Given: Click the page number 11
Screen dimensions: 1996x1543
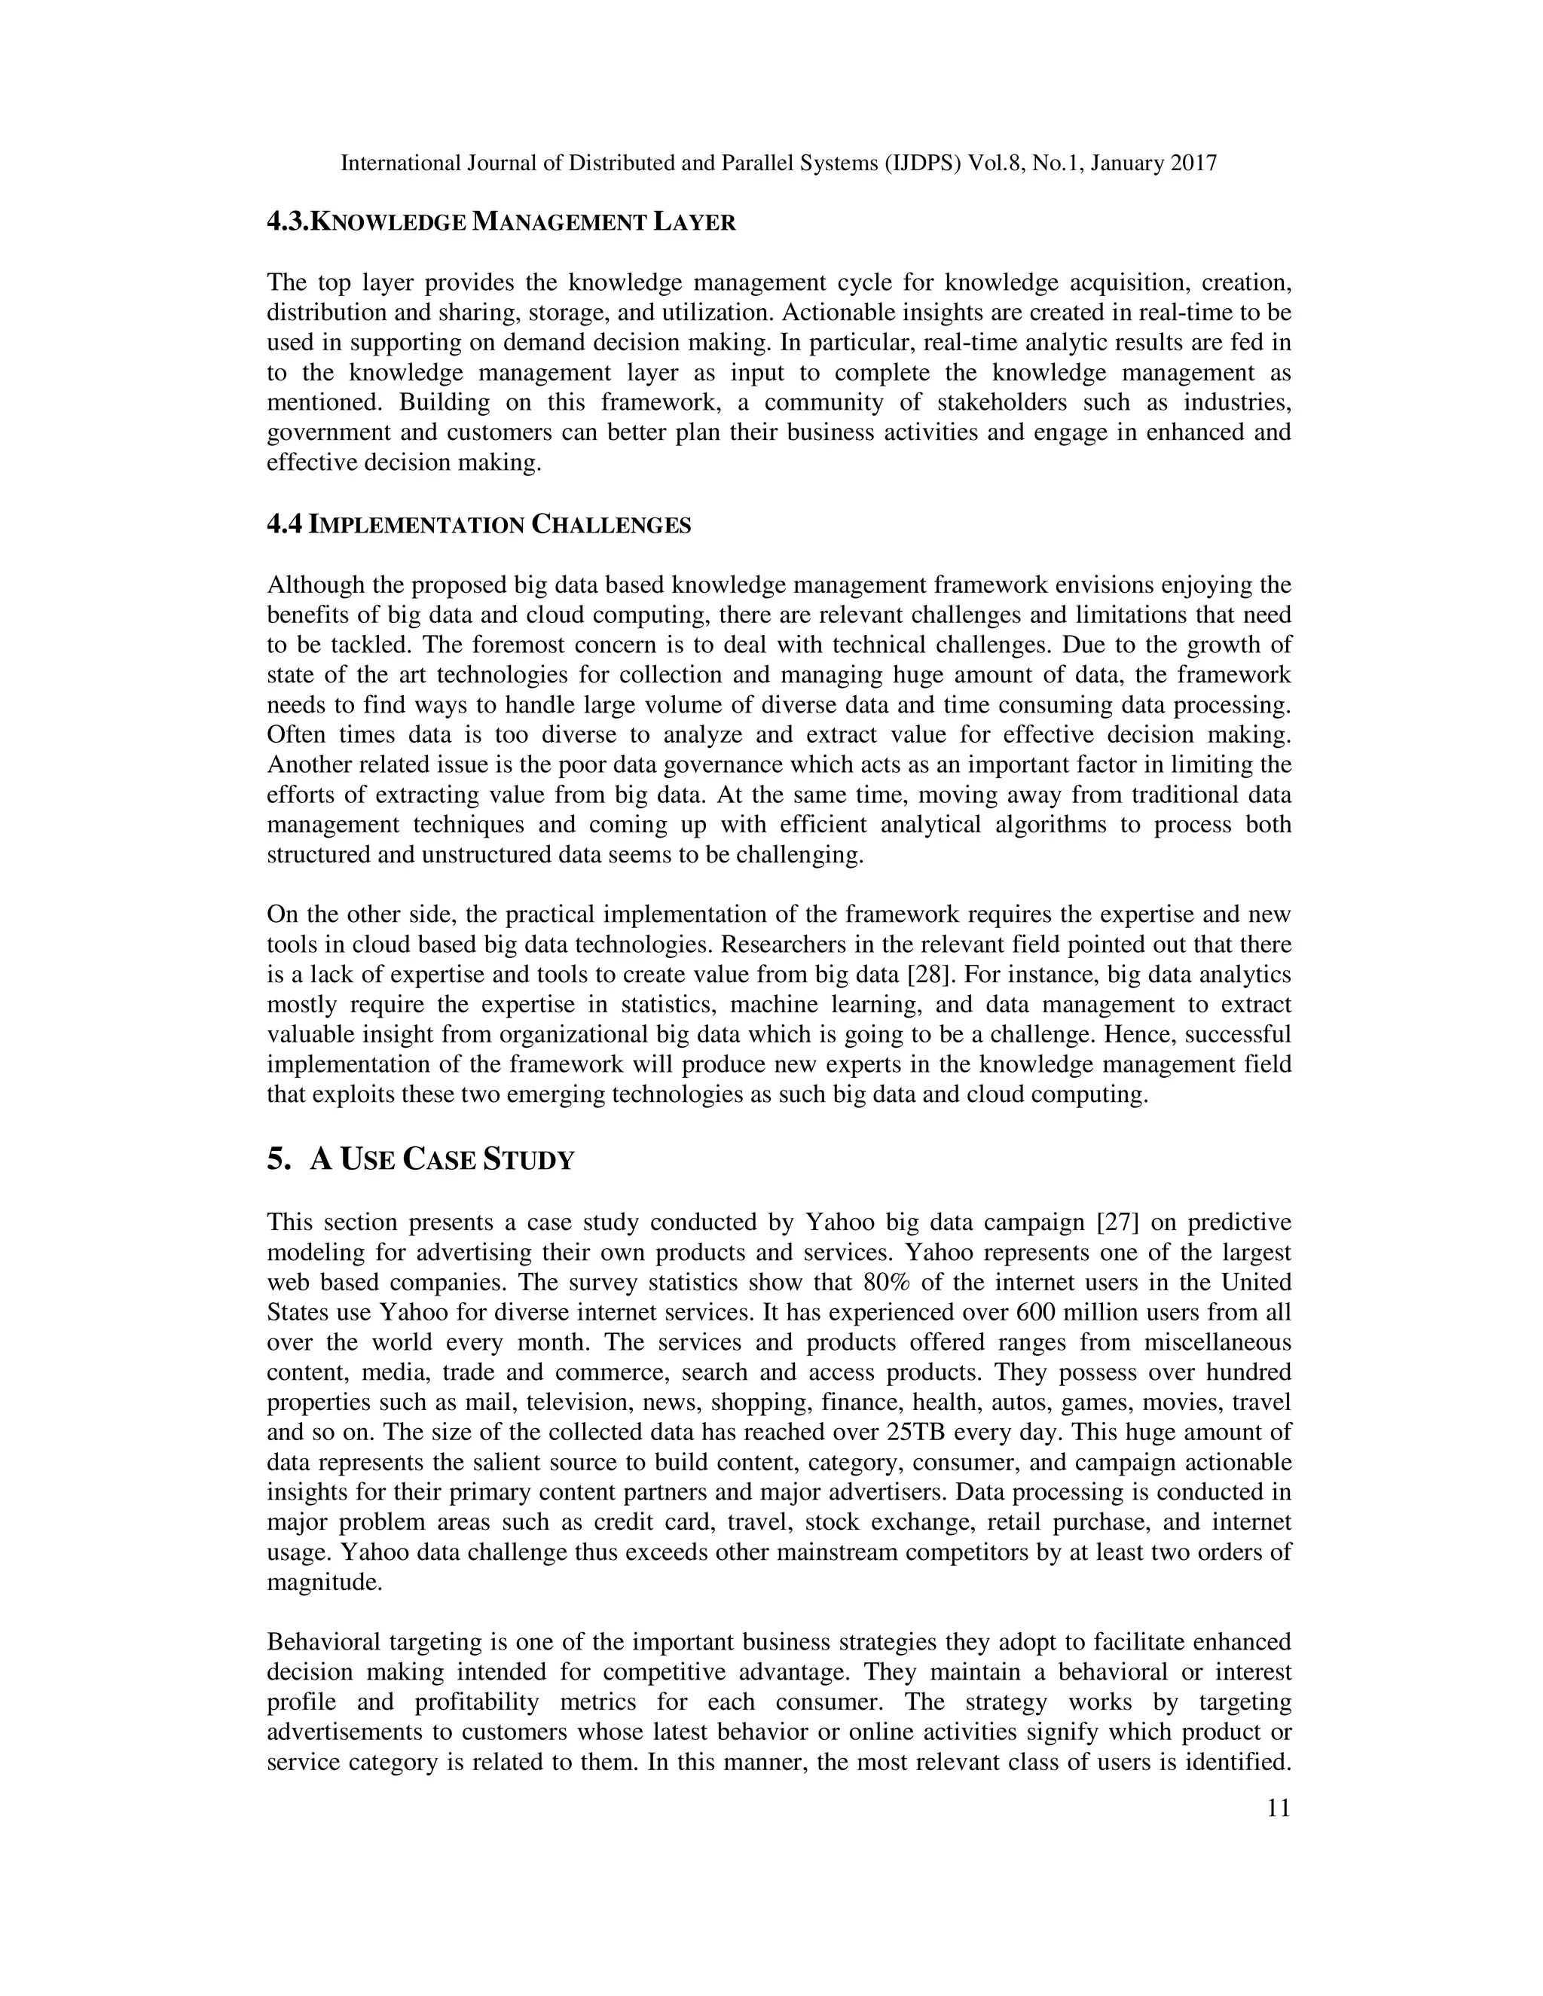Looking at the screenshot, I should tap(1279, 1808).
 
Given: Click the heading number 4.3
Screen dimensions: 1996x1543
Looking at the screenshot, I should tap(288, 222).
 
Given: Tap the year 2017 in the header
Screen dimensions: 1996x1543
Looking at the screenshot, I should tap(1192, 163).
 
